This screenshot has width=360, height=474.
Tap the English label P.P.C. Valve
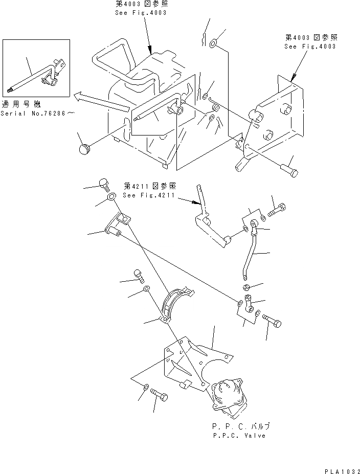[x=238, y=436]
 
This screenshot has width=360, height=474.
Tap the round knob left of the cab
[x=84, y=149]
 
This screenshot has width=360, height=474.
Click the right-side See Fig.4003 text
[x=310, y=46]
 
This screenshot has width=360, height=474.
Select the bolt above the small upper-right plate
[x=278, y=209]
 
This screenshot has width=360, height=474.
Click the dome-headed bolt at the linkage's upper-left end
[x=103, y=183]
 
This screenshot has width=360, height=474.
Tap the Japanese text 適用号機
[x=21, y=103]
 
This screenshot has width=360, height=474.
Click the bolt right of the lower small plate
[x=272, y=321]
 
